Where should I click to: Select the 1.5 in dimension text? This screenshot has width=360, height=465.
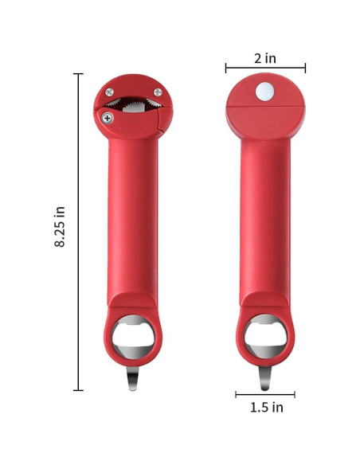(x=265, y=408)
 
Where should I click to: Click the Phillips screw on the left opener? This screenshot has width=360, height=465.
(x=108, y=118)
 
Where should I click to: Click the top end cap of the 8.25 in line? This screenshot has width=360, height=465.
(x=78, y=74)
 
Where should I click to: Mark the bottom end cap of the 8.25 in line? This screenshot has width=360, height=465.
(x=78, y=389)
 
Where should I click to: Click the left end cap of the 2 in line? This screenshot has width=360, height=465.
(x=225, y=68)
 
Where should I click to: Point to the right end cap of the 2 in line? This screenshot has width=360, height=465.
(x=305, y=68)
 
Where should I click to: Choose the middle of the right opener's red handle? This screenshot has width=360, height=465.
(x=266, y=215)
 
